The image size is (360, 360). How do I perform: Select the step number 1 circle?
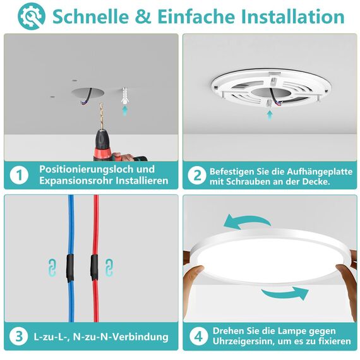point(20,175)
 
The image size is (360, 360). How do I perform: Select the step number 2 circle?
point(196,175)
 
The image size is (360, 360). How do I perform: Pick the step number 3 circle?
point(20,336)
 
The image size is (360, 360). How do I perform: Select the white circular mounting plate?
point(270,88)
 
